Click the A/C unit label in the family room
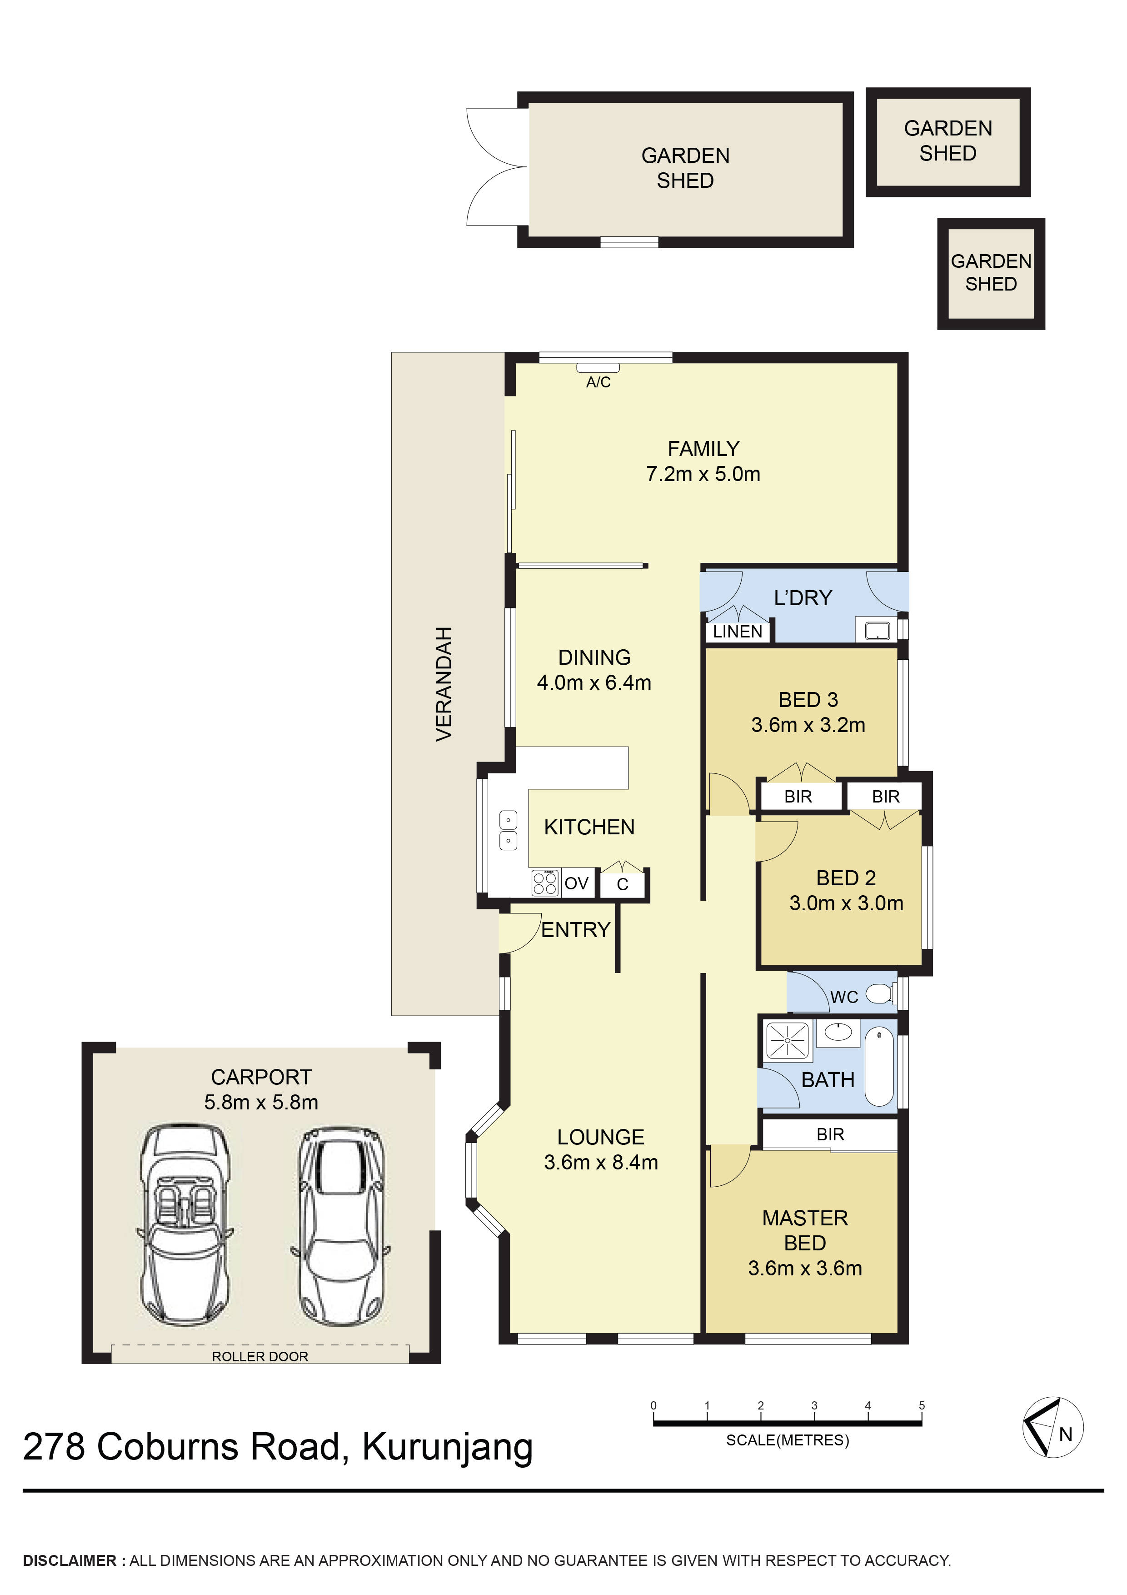[598, 382]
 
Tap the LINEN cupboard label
[738, 632]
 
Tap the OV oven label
[576, 883]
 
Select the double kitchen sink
[509, 830]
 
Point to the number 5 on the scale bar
[922, 1405]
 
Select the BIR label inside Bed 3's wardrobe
[798, 797]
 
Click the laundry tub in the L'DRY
[878, 631]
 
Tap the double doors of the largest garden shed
[496, 167]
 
